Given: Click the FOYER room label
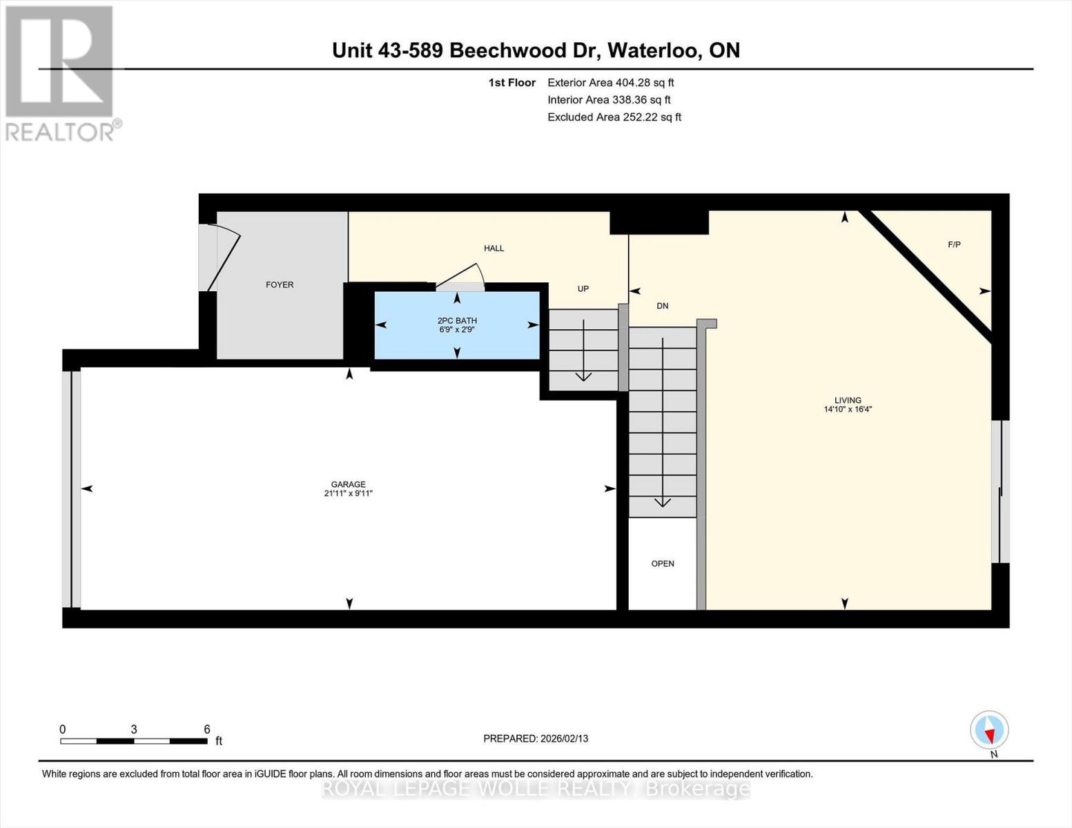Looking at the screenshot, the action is [280, 284].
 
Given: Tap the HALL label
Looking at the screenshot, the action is [494, 248].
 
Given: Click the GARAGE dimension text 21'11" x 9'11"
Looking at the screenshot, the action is [349, 493].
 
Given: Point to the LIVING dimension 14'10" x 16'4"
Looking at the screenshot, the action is [848, 408].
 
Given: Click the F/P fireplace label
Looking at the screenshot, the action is [954, 244].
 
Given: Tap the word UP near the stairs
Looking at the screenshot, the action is [583, 288].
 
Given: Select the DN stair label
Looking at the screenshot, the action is [663, 306].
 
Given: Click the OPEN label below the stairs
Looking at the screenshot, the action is [663, 564].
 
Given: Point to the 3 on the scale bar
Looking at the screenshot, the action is [134, 729].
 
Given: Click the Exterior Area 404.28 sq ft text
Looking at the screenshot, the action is [611, 82].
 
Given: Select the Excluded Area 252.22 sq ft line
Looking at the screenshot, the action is [614, 117].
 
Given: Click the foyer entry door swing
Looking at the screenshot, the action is [224, 262].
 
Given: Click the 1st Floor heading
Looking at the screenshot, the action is [511, 82].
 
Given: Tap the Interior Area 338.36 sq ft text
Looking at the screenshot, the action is [609, 99].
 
